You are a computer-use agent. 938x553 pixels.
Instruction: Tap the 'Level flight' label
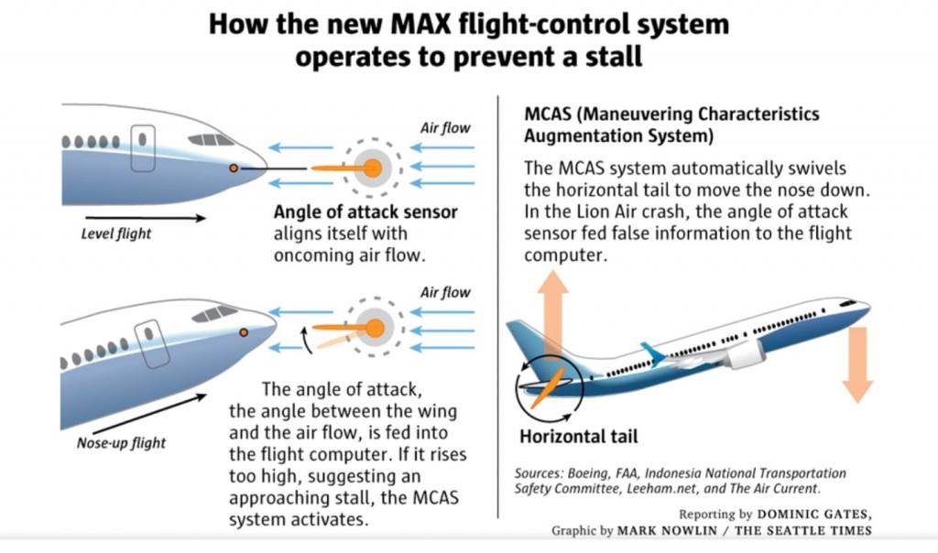(116, 233)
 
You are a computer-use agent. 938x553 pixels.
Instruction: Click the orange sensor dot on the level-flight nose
(234, 168)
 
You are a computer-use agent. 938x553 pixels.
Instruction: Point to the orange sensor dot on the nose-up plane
(244, 331)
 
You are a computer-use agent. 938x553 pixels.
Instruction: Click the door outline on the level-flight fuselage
(143, 149)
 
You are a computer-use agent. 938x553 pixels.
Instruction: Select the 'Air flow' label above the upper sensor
(445, 128)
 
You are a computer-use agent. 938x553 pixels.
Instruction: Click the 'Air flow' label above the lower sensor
(445, 292)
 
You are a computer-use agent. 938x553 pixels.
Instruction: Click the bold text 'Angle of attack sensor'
(365, 212)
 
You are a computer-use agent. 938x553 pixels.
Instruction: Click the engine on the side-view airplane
(744, 353)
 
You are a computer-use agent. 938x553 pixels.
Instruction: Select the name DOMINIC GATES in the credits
(817, 515)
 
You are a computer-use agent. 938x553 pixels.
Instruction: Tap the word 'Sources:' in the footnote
(540, 473)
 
